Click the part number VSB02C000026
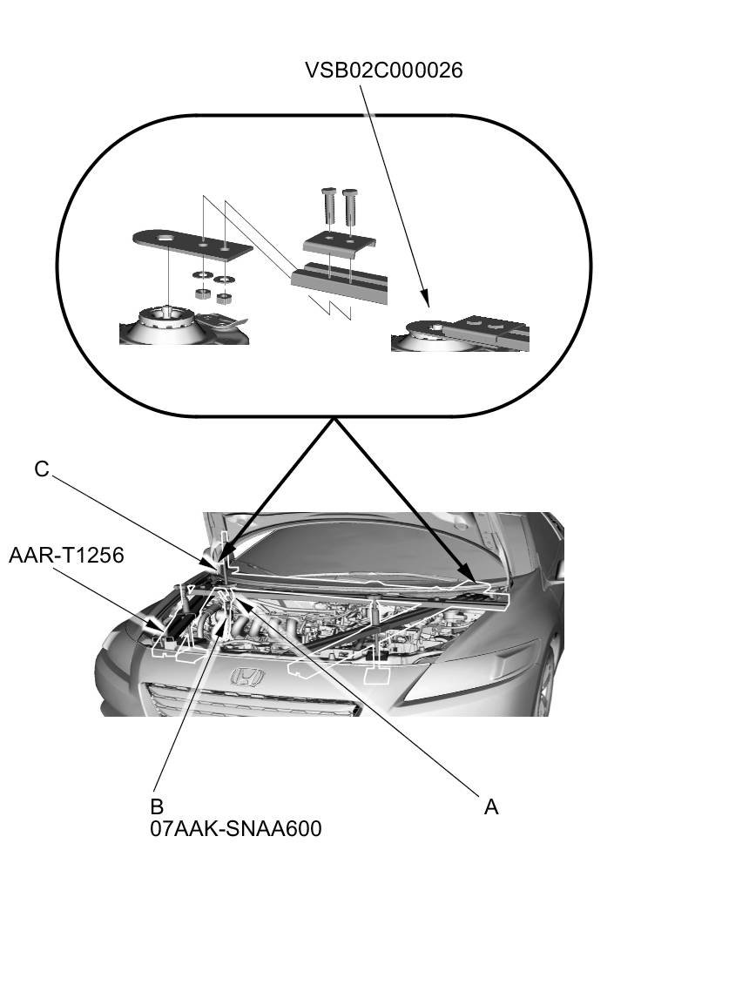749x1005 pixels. point(383,71)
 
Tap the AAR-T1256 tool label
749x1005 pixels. point(66,555)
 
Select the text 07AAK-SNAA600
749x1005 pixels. point(235,828)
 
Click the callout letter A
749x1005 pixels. point(491,807)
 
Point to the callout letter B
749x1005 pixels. point(157,806)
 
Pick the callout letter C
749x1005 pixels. point(42,469)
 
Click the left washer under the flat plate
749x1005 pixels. point(200,277)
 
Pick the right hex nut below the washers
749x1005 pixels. point(223,298)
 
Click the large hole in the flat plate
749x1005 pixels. point(164,238)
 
